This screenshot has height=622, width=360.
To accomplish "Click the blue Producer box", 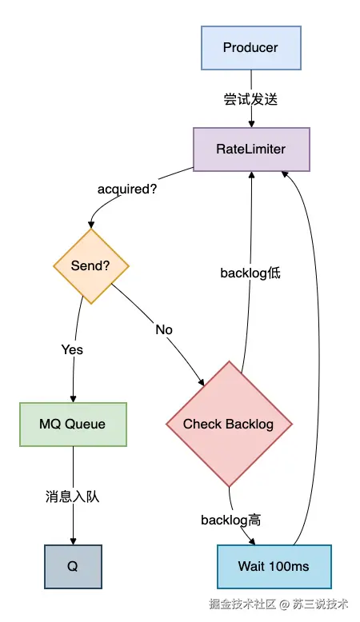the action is [x=251, y=48].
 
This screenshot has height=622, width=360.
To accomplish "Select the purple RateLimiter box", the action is [x=251, y=150].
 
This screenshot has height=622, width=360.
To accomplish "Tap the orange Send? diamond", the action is [x=91, y=266].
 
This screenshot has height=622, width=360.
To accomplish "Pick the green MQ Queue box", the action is [x=73, y=425].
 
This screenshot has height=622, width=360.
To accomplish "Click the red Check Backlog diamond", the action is [x=229, y=424].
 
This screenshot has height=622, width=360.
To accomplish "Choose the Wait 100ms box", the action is [x=274, y=567].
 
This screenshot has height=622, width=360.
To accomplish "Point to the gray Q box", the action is [x=73, y=567].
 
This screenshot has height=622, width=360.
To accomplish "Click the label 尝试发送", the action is [x=250, y=99].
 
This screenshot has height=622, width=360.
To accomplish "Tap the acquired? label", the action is [x=127, y=189].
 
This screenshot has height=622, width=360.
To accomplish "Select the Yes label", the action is [x=72, y=349].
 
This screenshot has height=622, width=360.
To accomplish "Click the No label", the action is [x=164, y=329].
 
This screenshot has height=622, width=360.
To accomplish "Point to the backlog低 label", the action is [x=250, y=273].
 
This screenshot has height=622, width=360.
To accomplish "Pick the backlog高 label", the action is [x=231, y=520].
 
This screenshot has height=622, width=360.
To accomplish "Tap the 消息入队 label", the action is [x=72, y=496].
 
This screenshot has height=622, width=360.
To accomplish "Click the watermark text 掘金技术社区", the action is [x=242, y=604].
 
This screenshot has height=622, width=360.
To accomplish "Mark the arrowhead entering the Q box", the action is [x=73, y=541].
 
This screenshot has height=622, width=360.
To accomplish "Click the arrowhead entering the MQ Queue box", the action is [x=73, y=399].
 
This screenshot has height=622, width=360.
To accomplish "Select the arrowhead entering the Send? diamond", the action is [x=91, y=225].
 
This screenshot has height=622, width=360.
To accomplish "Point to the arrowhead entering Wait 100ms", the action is [x=252, y=541].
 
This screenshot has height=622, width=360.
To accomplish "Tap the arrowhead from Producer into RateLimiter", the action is [x=251, y=124].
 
